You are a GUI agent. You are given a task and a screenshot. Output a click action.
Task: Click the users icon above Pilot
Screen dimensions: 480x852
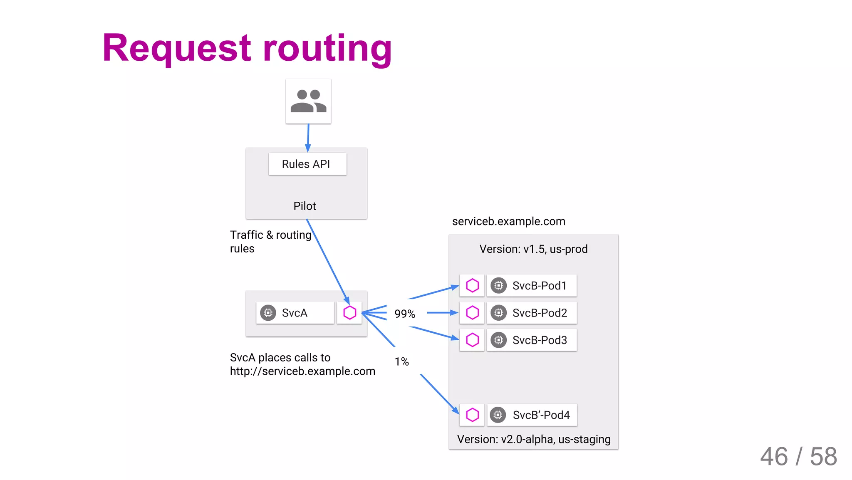pyautogui.click(x=308, y=101)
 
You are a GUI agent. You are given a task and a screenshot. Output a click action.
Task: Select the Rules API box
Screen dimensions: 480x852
pyautogui.click(x=307, y=164)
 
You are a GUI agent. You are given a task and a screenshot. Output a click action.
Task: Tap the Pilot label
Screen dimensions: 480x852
pyautogui.click(x=305, y=206)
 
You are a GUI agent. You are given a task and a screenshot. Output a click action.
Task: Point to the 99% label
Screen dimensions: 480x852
pyautogui.click(x=404, y=314)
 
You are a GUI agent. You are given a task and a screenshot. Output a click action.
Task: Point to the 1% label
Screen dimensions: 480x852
pyautogui.click(x=401, y=361)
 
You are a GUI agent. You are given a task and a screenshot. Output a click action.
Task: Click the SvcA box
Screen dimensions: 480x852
pyautogui.click(x=295, y=313)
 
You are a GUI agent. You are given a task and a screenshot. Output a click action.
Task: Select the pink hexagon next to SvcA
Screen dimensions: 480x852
pyautogui.click(x=349, y=313)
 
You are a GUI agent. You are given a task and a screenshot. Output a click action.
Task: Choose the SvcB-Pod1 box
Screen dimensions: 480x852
pyautogui.click(x=532, y=286)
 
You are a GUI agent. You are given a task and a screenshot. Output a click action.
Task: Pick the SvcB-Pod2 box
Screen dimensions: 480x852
pyautogui.click(x=532, y=313)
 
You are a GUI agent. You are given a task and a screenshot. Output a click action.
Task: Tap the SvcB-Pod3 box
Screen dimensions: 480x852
pyautogui.click(x=532, y=340)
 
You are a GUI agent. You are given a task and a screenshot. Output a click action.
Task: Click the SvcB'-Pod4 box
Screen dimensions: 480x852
pyautogui.click(x=532, y=415)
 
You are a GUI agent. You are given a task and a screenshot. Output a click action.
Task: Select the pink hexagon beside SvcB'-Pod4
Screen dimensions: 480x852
pyautogui.click(x=472, y=415)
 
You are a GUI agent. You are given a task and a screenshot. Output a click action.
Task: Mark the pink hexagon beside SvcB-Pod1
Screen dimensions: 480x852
pyautogui.click(x=472, y=286)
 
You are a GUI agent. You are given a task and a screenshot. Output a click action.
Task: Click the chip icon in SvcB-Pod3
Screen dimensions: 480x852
pyautogui.click(x=498, y=340)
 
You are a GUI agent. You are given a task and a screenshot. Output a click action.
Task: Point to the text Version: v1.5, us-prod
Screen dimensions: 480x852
pyautogui.click(x=533, y=249)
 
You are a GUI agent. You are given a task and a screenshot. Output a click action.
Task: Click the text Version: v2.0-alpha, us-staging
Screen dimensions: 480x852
pyautogui.click(x=534, y=439)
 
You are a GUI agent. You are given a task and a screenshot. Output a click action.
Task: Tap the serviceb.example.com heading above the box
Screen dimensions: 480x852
pyautogui.click(x=508, y=221)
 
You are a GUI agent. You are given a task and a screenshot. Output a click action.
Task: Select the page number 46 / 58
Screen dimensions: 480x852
pyautogui.click(x=798, y=456)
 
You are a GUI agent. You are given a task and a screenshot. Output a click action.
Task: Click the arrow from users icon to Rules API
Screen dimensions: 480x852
pyautogui.click(x=308, y=137)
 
